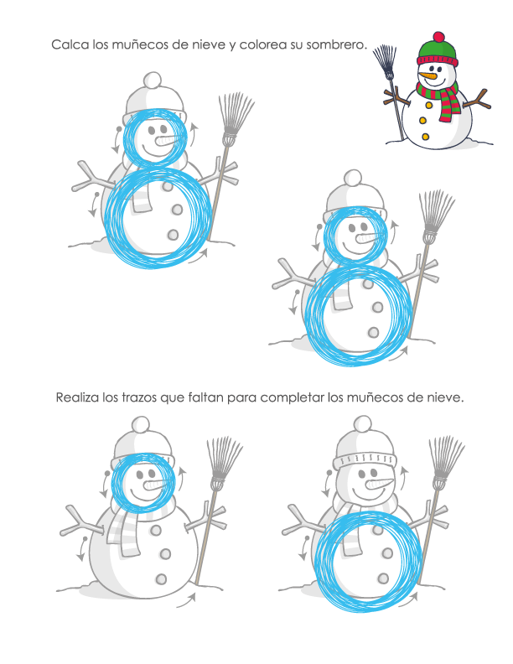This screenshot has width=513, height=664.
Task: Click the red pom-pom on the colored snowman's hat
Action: point(439,36)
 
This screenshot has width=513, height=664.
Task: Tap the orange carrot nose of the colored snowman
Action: point(427,75)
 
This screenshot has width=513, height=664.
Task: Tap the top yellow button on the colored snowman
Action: point(429,105)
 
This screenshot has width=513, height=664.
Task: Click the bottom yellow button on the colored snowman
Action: point(425,137)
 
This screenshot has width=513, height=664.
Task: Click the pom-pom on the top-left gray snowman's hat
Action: point(153,80)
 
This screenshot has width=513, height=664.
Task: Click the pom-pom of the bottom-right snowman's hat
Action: point(363,424)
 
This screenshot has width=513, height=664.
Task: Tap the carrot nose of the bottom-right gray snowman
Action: point(379,484)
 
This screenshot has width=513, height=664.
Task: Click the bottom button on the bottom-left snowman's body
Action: point(161,578)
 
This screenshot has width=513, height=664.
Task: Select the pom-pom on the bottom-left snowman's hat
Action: point(141,425)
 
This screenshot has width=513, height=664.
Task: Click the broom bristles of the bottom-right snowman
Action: point(446,459)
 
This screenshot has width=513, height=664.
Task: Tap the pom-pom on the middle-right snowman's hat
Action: point(353,179)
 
